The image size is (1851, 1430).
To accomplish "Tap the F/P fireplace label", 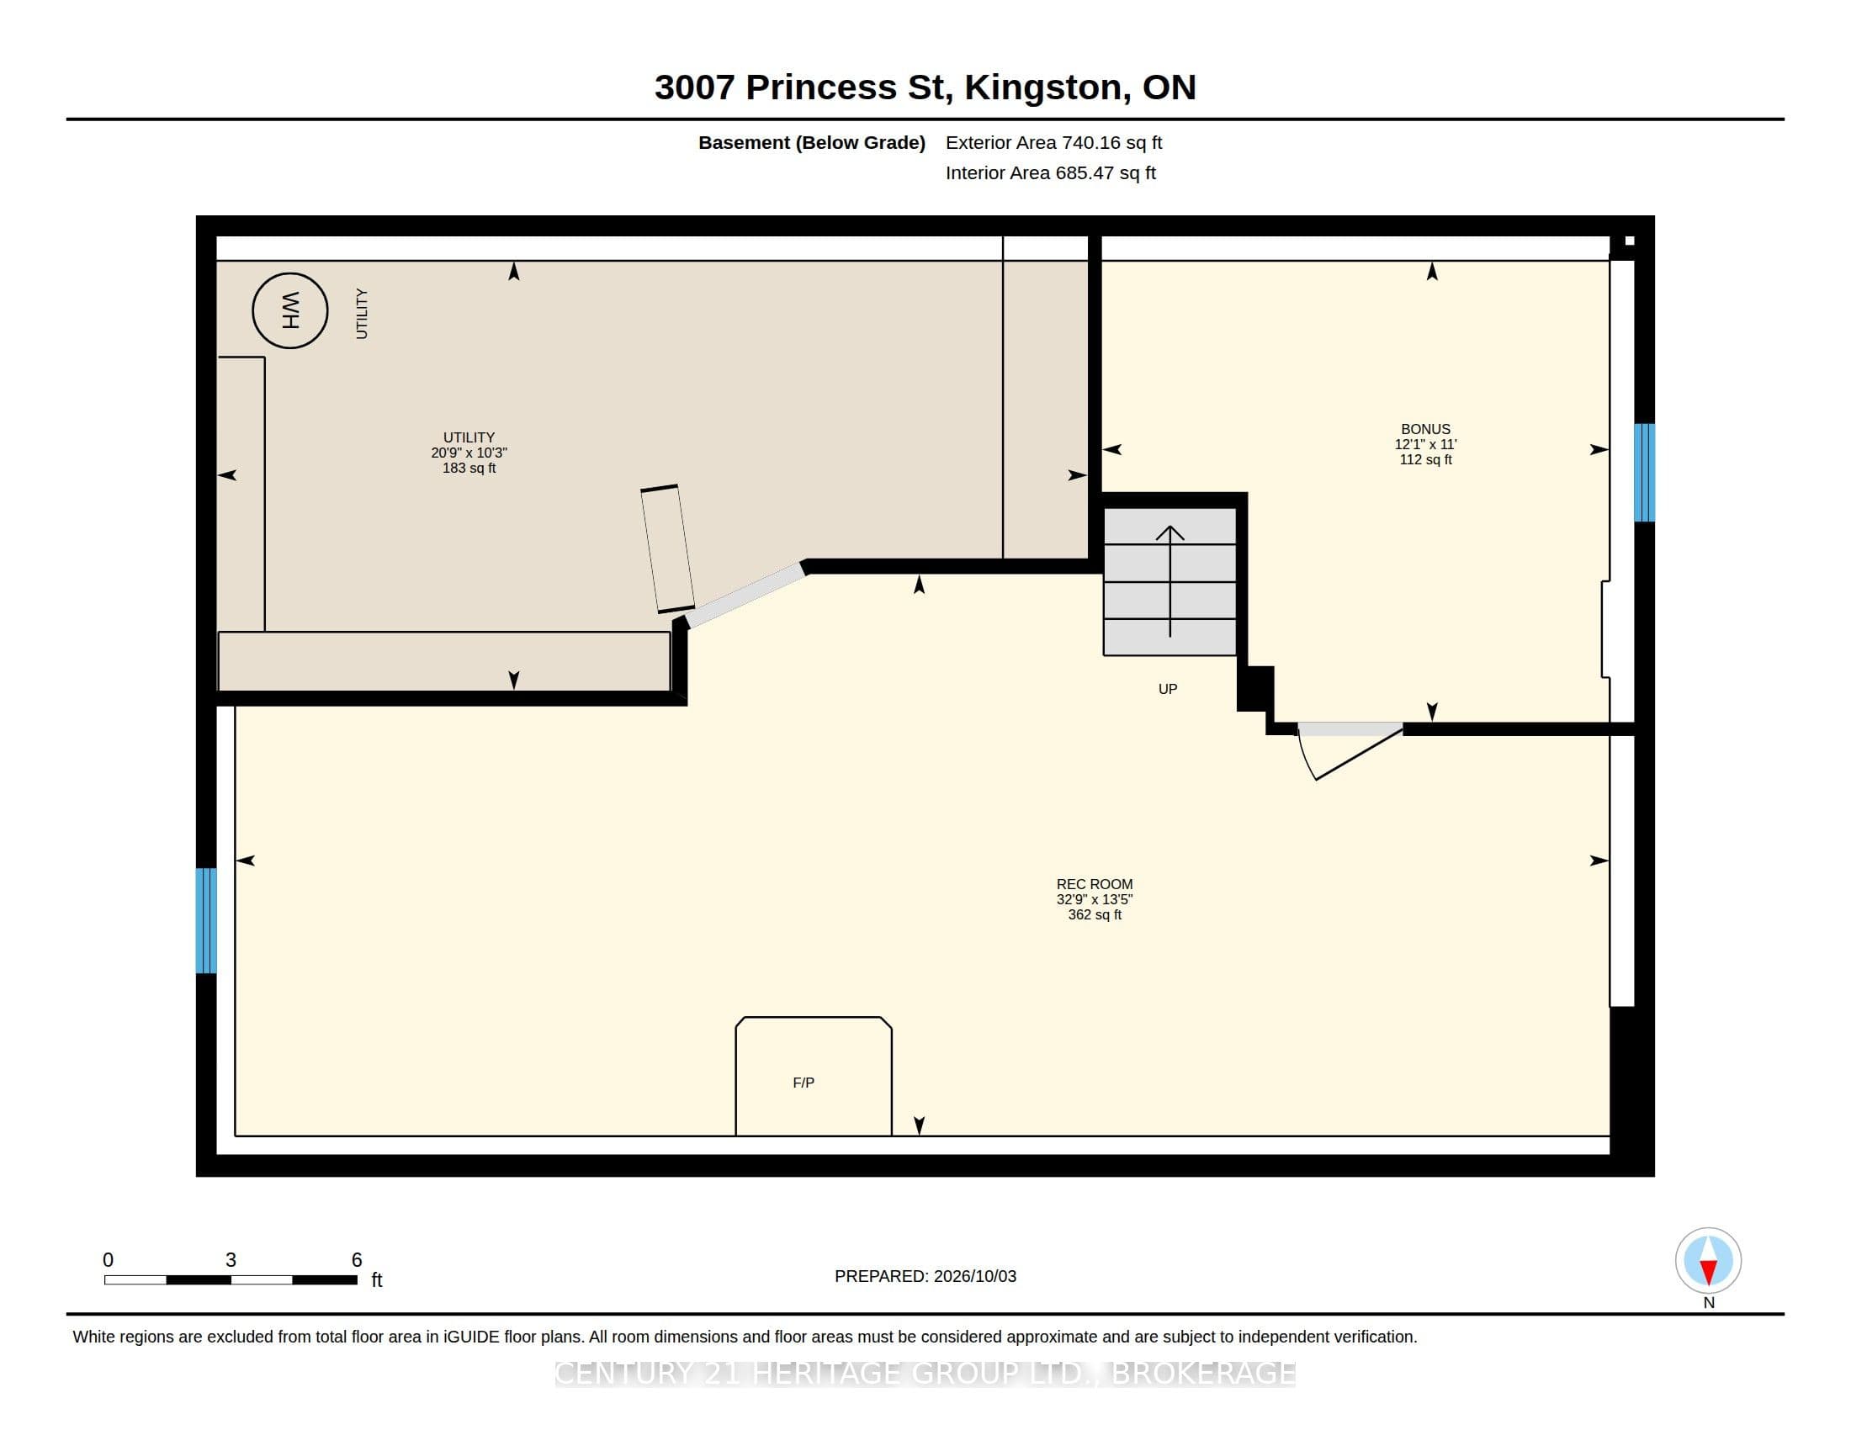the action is (804, 1083).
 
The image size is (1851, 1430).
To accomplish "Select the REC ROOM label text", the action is (1094, 883).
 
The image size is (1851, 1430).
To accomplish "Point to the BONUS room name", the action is (1425, 429).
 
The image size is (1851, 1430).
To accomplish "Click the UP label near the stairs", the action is (1168, 689).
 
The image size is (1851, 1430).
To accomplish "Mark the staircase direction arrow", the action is (1170, 581).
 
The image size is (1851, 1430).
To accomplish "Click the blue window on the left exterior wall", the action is (206, 920).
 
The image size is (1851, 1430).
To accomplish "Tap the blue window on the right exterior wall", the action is (1644, 472).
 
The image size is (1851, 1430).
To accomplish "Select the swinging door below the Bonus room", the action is (1350, 750).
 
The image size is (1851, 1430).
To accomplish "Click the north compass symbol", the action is (1708, 1261).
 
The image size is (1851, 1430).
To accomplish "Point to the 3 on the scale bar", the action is (231, 1260).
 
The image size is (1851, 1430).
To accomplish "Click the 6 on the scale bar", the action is (357, 1260).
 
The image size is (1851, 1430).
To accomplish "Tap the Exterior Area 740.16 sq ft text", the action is (1053, 142).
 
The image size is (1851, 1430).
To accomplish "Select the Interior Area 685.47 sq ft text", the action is (1050, 172).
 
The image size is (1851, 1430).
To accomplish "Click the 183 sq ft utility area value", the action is (469, 468).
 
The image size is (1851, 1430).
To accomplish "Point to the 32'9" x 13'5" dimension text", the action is (1094, 899).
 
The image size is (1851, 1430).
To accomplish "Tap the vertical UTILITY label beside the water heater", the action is (362, 314).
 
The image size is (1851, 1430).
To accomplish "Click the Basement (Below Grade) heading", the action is (811, 142).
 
